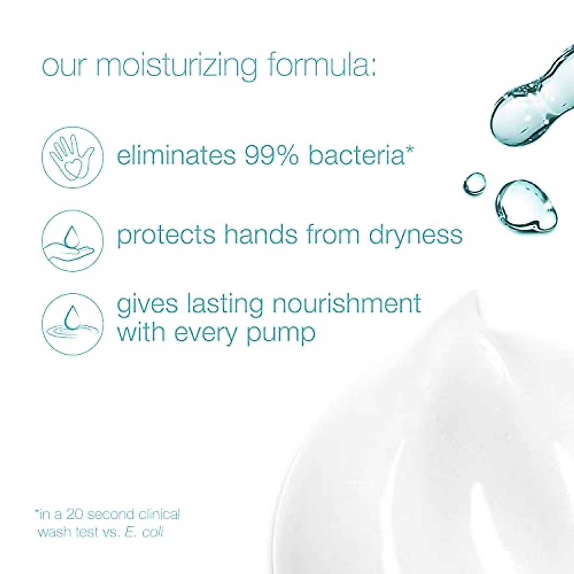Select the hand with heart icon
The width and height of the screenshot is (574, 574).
click(x=72, y=156)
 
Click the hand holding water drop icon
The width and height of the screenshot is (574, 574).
click(x=72, y=241)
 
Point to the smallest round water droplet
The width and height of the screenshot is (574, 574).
click(x=475, y=183)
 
